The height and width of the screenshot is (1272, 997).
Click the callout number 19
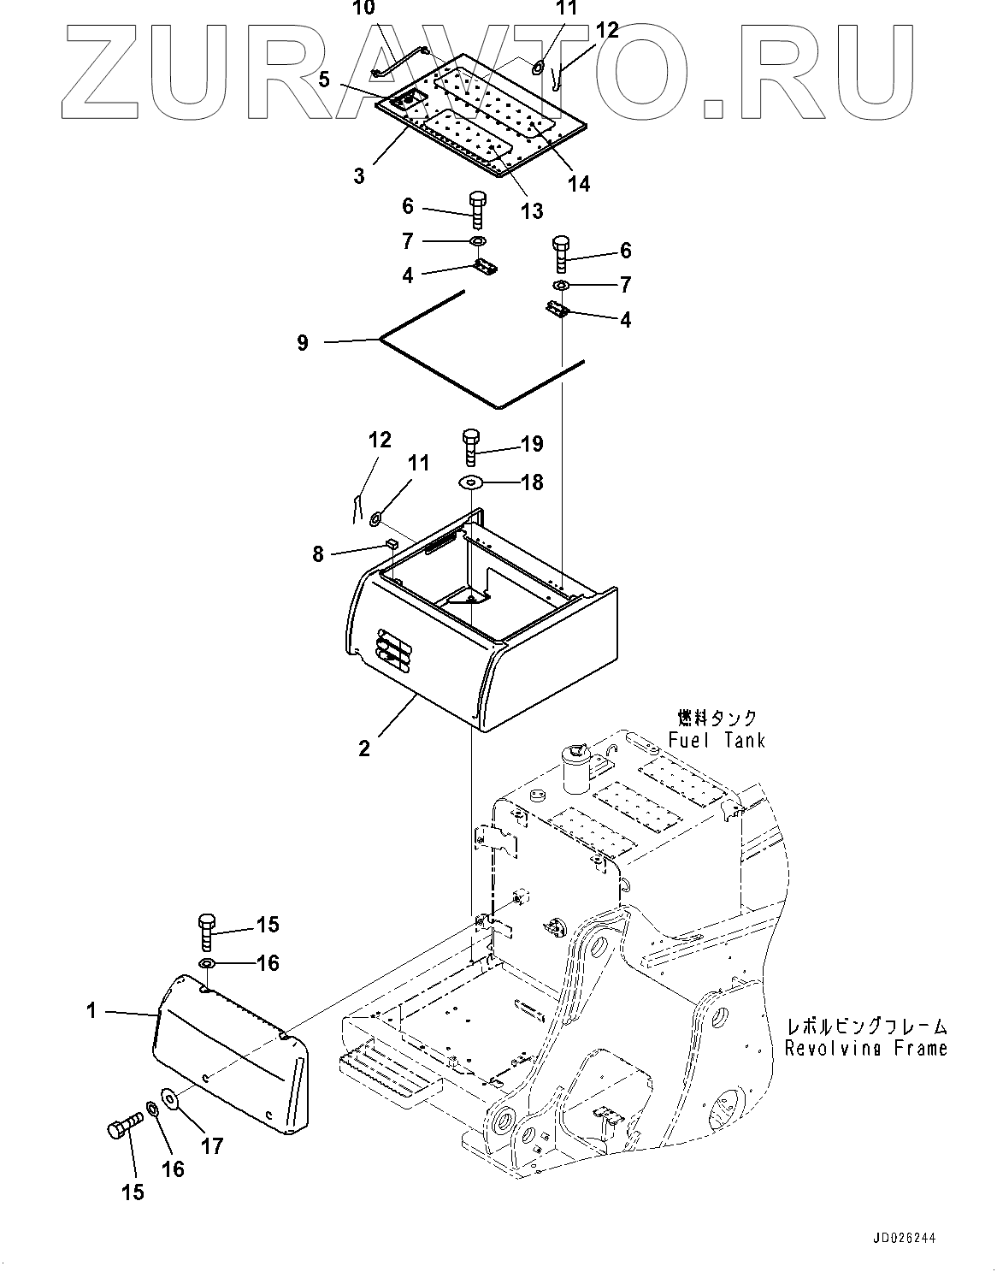[x=531, y=444]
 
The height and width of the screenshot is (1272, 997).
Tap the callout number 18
[x=531, y=482]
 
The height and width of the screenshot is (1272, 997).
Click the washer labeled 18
[x=471, y=483]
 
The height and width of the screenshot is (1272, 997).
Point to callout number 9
[x=303, y=342]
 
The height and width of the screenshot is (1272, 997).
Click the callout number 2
[x=364, y=748]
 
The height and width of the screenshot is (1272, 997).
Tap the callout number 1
[x=91, y=1011]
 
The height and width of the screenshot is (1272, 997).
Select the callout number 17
[x=210, y=1145]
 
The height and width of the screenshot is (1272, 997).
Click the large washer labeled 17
[x=168, y=1097]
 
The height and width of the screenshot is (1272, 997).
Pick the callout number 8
[x=318, y=554]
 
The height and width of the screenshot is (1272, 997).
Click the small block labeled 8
[x=391, y=542]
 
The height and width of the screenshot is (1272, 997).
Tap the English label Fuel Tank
[x=717, y=740]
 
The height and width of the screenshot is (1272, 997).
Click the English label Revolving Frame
[x=865, y=1047]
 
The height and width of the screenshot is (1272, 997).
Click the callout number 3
[x=359, y=175]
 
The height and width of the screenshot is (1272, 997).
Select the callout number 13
[x=532, y=210]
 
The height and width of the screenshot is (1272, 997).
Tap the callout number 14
[x=579, y=183]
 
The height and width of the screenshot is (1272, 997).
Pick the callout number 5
[x=324, y=80]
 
